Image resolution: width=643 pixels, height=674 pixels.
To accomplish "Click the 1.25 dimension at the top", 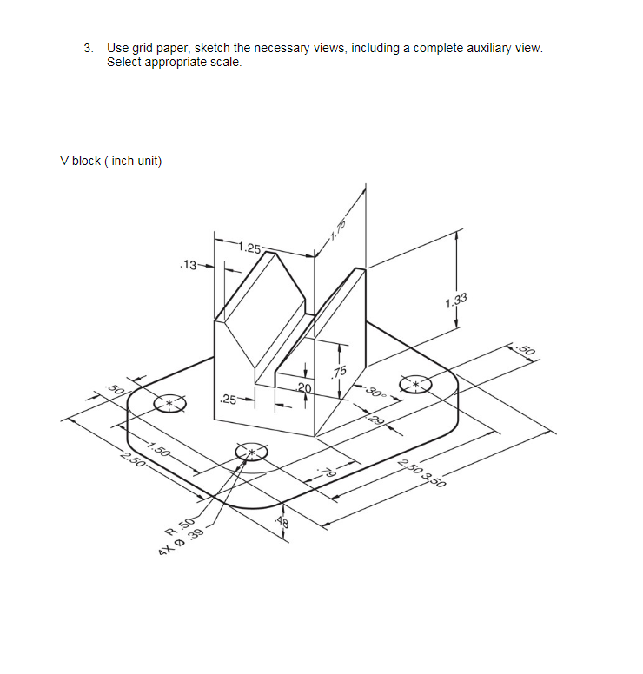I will (x=250, y=249).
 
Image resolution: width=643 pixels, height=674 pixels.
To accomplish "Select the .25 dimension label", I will (x=229, y=400).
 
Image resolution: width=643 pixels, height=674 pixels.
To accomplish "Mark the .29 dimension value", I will (x=377, y=423).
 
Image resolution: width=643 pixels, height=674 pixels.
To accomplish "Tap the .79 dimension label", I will (x=327, y=472).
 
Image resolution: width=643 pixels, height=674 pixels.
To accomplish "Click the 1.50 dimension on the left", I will (x=158, y=449).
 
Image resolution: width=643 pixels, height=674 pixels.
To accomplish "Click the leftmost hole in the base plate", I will (x=169, y=404).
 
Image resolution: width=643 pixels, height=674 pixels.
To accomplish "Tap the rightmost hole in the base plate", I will (x=415, y=385).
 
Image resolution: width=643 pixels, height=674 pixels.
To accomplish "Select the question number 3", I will (x=89, y=48).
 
